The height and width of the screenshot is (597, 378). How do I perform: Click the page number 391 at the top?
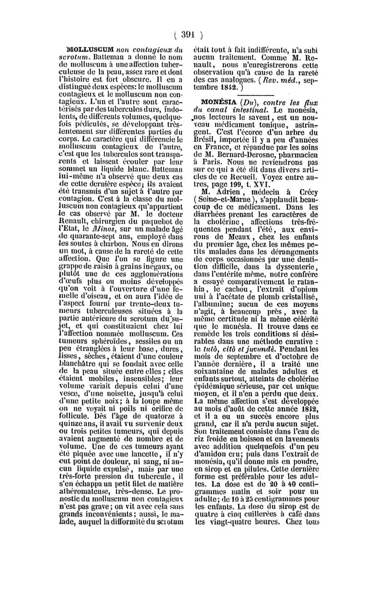coord(188,34)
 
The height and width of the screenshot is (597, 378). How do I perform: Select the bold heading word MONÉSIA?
coord(218,102)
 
